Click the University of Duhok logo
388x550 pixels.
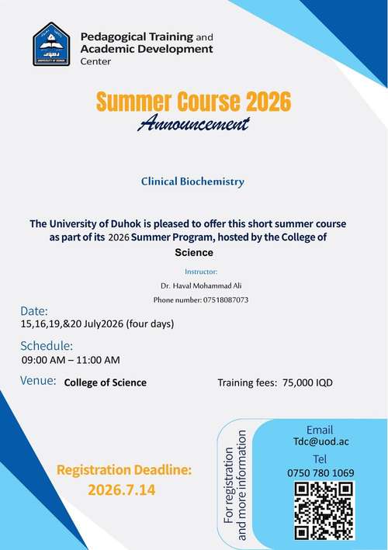(51, 44)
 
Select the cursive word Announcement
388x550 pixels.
(193, 123)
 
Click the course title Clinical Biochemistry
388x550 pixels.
(192, 182)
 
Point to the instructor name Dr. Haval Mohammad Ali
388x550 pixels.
(201, 286)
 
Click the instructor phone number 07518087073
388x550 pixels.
(226, 300)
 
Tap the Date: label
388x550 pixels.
(33, 311)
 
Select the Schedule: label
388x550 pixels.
(47, 345)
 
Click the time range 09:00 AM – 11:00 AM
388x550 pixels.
(71, 360)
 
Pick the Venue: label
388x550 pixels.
(38, 380)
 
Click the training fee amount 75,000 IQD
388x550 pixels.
(307, 382)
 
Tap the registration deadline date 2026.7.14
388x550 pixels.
(121, 490)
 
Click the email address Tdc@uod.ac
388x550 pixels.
(321, 441)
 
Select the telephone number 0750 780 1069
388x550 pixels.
(320, 473)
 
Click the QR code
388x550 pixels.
(324, 510)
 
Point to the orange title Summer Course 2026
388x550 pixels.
(193, 102)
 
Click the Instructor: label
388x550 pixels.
(201, 272)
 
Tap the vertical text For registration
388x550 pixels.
(229, 486)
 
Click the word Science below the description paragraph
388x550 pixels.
(194, 253)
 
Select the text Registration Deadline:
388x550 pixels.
(124, 470)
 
